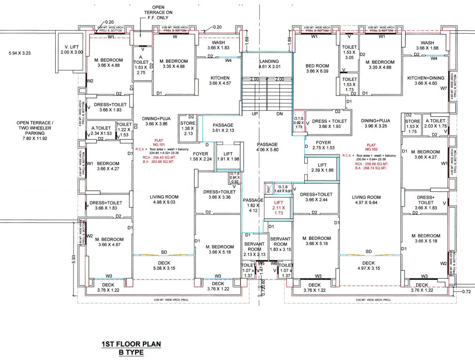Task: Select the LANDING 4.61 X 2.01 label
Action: [x=269, y=64]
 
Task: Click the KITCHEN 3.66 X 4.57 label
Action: [x=220, y=80]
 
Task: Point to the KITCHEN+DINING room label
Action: [x=426, y=80]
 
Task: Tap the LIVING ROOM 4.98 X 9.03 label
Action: [x=164, y=200]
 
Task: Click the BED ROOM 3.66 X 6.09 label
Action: [x=317, y=68]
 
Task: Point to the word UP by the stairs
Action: [x=255, y=114]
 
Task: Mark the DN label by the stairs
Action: [x=280, y=114]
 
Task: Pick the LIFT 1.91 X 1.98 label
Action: [x=228, y=156]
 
